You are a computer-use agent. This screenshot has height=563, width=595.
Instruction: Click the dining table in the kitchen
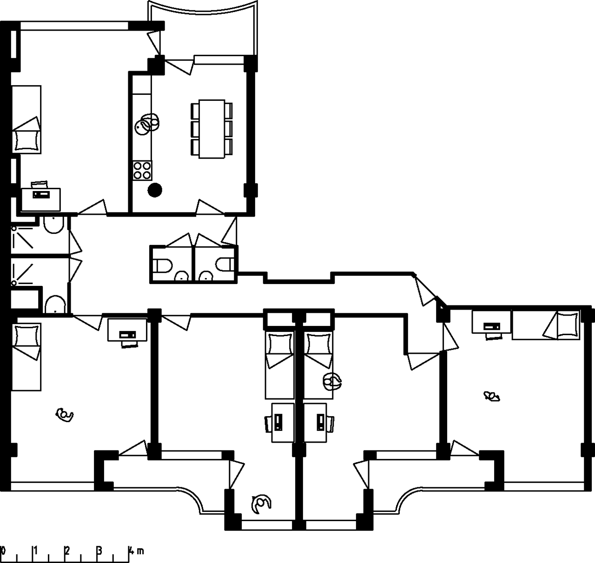[212, 129]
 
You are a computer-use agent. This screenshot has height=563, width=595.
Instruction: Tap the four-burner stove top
[142, 171]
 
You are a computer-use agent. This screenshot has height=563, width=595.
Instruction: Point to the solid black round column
[155, 190]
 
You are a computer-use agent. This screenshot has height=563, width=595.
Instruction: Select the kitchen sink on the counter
[147, 124]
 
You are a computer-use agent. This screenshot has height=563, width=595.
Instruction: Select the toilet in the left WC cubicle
[163, 265]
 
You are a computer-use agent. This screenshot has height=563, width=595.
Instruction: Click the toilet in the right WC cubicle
[225, 265]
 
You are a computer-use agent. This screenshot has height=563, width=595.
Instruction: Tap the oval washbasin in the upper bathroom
[53, 225]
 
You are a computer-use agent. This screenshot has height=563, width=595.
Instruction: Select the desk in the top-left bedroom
[41, 199]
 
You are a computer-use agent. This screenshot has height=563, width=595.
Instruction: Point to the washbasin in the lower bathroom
[55, 305]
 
